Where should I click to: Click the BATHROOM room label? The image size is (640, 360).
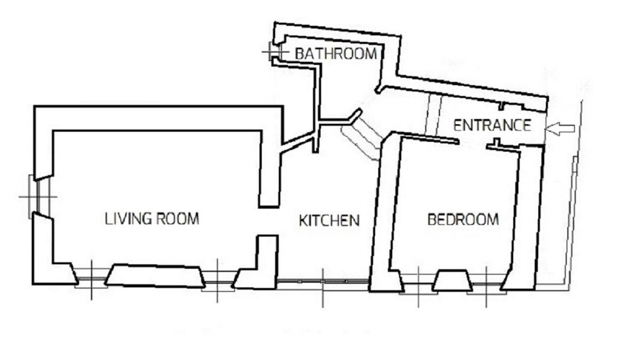[335, 54]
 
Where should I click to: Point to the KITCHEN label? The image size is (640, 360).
[329, 220]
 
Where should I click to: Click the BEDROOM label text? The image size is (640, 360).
[463, 219]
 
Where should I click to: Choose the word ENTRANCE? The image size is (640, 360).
[492, 125]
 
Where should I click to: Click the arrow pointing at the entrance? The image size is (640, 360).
[559, 128]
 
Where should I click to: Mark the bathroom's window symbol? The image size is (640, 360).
[275, 51]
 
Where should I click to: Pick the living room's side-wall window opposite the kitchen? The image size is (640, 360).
[38, 197]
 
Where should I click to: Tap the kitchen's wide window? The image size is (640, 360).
[323, 281]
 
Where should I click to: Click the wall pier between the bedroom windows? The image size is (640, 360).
[451, 280]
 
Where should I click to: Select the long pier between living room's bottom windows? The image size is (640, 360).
[155, 275]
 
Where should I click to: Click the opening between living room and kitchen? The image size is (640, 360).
[268, 221]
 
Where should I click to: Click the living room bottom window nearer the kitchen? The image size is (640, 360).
[217, 281]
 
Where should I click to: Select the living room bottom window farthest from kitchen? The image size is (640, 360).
[91, 279]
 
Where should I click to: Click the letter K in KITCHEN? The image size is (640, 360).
[303, 220]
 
